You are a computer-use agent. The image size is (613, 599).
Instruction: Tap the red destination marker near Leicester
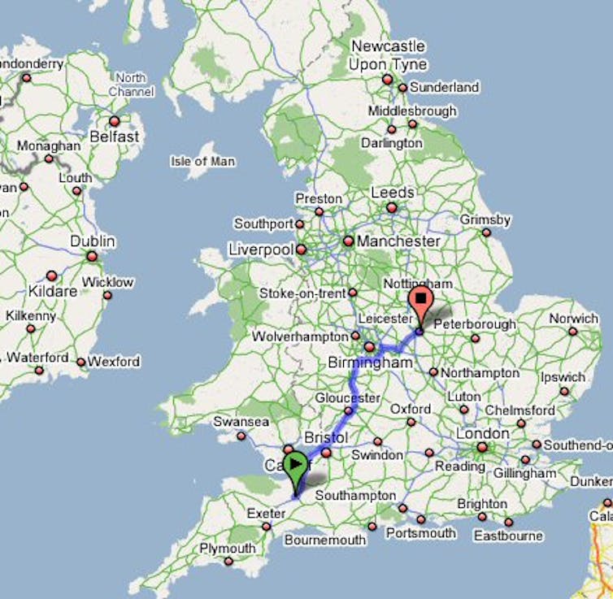[420, 301]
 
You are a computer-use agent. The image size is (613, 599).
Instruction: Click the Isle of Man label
[202, 161]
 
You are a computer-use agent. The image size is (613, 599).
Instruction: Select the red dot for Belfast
[114, 121]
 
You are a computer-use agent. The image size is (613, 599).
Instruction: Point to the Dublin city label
[93, 241]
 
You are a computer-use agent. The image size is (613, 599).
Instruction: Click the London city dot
[482, 447]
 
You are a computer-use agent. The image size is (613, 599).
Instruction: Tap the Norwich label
[573, 319]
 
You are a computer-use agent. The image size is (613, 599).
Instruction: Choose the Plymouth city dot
[228, 561]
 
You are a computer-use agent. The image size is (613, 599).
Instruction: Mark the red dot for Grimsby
[486, 232]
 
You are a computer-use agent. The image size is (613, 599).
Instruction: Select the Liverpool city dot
[301, 250]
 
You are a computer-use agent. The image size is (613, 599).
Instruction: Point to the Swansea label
[241, 422]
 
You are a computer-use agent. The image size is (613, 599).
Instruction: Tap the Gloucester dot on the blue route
[348, 411]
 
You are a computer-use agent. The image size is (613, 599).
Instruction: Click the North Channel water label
[130, 85]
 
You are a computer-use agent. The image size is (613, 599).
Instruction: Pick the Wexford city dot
[80, 362]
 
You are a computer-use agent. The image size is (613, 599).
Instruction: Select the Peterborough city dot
[476, 338]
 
